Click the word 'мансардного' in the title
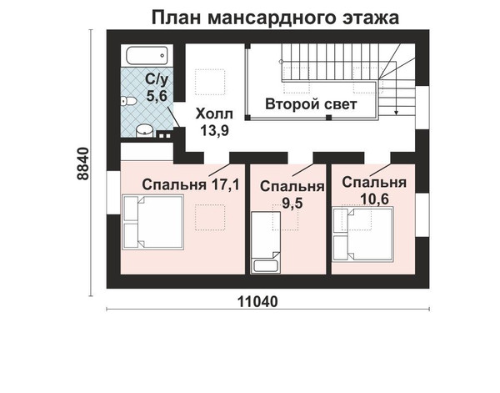pos(272,18)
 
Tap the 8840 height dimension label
pos(83,164)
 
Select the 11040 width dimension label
pos(258,301)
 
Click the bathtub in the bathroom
pos(147,55)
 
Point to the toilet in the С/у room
pos(129,101)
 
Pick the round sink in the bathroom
pos(144,130)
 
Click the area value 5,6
pos(157,95)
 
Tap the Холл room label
pos(214,114)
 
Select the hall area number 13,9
pos(214,130)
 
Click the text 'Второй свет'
pos(311,104)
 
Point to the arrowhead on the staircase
pos(396,112)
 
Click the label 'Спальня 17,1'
pos(191,184)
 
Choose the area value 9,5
pos(292,203)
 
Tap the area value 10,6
pos(374,199)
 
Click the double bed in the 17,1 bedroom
pos(153,222)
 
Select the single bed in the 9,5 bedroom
pos(266,242)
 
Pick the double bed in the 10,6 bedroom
pos(362,234)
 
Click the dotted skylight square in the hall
pos(210,82)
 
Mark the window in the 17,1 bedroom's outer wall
pos(113,193)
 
